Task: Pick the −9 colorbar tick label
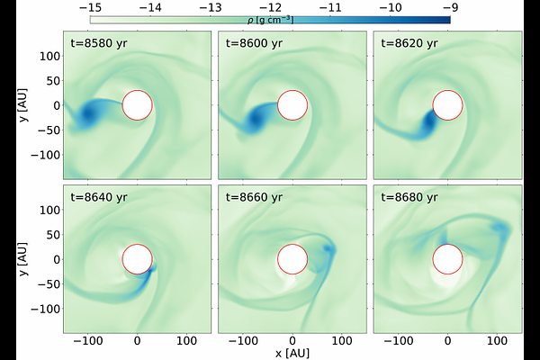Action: [450, 6]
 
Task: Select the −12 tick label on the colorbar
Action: [270, 6]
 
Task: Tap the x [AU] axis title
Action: [292, 353]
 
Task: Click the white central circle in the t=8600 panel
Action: [292, 104]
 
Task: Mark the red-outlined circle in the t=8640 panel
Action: [137, 259]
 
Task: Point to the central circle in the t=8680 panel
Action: [448, 259]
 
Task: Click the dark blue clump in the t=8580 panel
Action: [91, 114]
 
